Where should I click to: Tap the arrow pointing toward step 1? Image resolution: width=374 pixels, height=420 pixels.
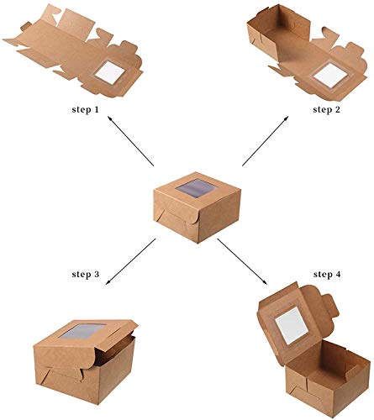point(130,141)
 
